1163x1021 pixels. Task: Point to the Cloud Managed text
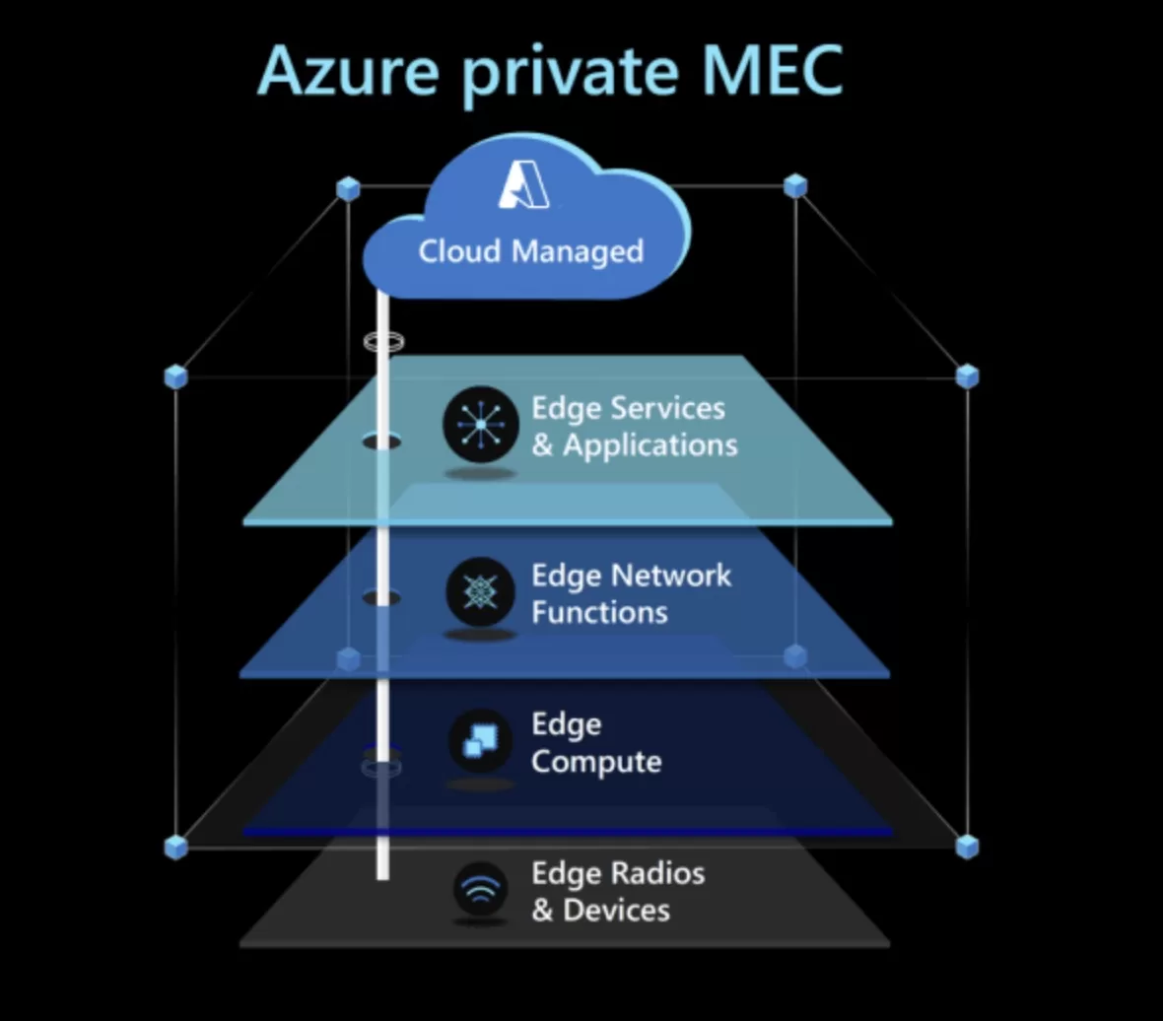click(530, 251)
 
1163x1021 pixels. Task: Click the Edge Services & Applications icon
click(480, 424)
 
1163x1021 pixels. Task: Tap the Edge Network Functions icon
click(480, 591)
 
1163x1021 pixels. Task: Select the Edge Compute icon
click(480, 740)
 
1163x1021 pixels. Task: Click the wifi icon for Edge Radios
click(480, 890)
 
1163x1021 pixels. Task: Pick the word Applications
click(650, 445)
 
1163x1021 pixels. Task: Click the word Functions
click(599, 612)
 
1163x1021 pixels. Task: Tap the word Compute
click(595, 762)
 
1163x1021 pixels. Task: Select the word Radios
click(658, 873)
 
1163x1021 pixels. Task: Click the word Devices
click(616, 910)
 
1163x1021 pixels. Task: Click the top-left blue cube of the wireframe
click(348, 188)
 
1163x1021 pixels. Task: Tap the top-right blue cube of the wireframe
click(795, 185)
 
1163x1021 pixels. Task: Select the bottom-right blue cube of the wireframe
click(968, 846)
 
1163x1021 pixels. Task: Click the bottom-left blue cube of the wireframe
click(175, 847)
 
